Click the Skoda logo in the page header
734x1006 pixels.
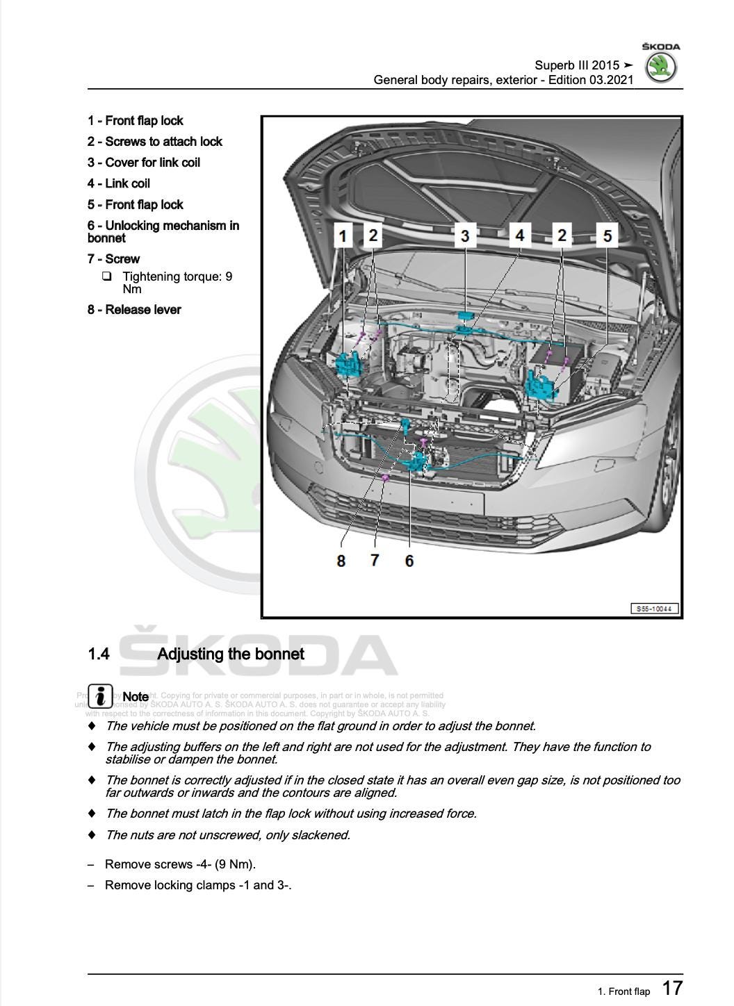click(660, 67)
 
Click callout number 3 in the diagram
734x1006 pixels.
click(465, 235)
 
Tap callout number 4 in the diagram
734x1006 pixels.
click(519, 235)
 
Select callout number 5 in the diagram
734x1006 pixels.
click(607, 236)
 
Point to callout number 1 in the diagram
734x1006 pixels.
click(342, 236)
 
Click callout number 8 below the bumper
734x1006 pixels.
click(341, 560)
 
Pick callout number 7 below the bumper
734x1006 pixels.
click(375, 559)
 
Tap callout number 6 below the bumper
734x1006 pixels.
click(409, 560)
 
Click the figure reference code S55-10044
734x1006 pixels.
click(654, 609)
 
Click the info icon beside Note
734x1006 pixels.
click(100, 695)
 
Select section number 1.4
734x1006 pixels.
click(99, 654)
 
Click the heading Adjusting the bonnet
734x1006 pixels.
click(231, 654)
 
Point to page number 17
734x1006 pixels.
click(672, 988)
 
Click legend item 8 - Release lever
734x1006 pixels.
click(134, 310)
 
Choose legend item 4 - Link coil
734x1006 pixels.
click(119, 183)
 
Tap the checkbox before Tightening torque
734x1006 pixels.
click(106, 277)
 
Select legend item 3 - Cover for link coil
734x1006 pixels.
click(144, 163)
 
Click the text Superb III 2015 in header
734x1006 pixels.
click(577, 65)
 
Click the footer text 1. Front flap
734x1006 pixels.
click(623, 991)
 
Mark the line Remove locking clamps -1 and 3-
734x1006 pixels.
click(197, 885)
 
